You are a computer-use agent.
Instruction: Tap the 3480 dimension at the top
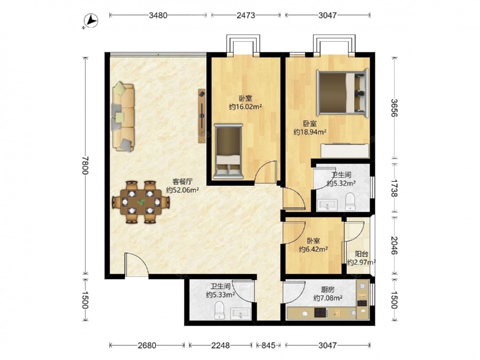pyautogui.click(x=158, y=15)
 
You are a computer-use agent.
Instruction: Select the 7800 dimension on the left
pyautogui.click(x=85, y=166)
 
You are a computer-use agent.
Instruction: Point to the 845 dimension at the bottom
pyautogui.click(x=268, y=345)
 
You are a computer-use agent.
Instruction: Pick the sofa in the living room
pyautogui.click(x=123, y=117)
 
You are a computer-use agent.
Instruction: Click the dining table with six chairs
pyautogui.click(x=141, y=202)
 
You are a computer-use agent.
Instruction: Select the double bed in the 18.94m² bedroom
pyautogui.click(x=343, y=93)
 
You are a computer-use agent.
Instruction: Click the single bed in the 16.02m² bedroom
pyautogui.click(x=228, y=151)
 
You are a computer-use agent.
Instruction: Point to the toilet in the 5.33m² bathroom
pyautogui.click(x=219, y=310)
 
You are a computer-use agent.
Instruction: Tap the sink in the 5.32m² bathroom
pyautogui.click(x=326, y=205)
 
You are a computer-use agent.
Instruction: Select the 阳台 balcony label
pyautogui.click(x=361, y=254)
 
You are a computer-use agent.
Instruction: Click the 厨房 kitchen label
pyautogui.click(x=327, y=289)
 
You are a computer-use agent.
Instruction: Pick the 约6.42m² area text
pyautogui.click(x=313, y=249)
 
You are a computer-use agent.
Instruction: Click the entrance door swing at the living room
pyautogui.click(x=136, y=265)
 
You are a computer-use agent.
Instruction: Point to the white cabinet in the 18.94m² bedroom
pyautogui.click(x=345, y=150)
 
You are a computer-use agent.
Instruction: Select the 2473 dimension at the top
pyautogui.click(x=245, y=15)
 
